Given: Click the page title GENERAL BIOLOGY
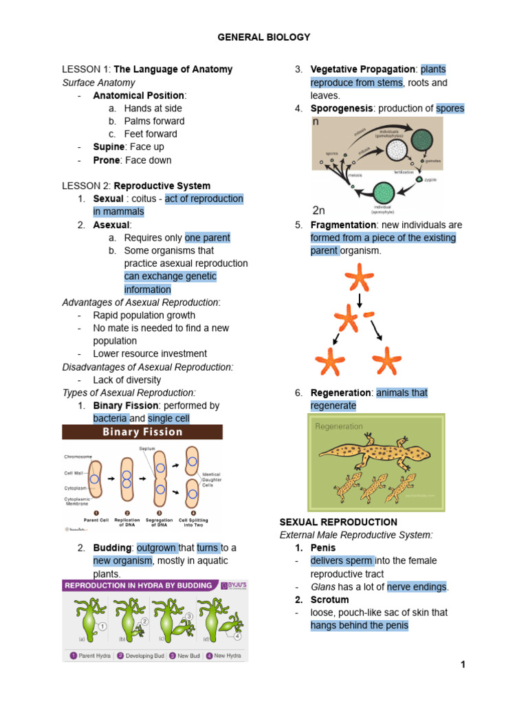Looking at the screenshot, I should [x=264, y=37].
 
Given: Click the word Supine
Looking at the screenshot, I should [x=108, y=147].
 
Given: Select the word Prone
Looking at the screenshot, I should [x=107, y=160].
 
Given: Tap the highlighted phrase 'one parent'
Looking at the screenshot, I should [x=208, y=238].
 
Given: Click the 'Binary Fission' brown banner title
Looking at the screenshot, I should [x=142, y=432].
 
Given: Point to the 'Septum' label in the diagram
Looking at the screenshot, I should [x=147, y=448].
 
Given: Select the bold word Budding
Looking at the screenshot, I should [x=112, y=548].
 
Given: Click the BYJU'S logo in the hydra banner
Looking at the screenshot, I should [x=232, y=586].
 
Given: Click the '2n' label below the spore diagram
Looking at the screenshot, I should [x=319, y=210].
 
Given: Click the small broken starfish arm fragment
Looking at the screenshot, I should [x=370, y=315].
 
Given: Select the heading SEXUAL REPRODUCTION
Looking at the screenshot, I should [x=338, y=522].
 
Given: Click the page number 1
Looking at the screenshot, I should [x=463, y=664].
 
